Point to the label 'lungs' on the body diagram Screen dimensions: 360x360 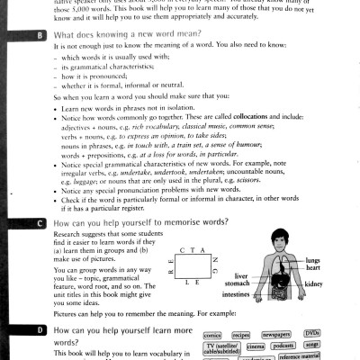(337, 260)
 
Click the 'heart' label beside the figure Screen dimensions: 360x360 (338, 268)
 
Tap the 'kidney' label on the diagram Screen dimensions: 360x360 (338, 283)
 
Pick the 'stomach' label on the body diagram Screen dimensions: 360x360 (236, 284)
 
